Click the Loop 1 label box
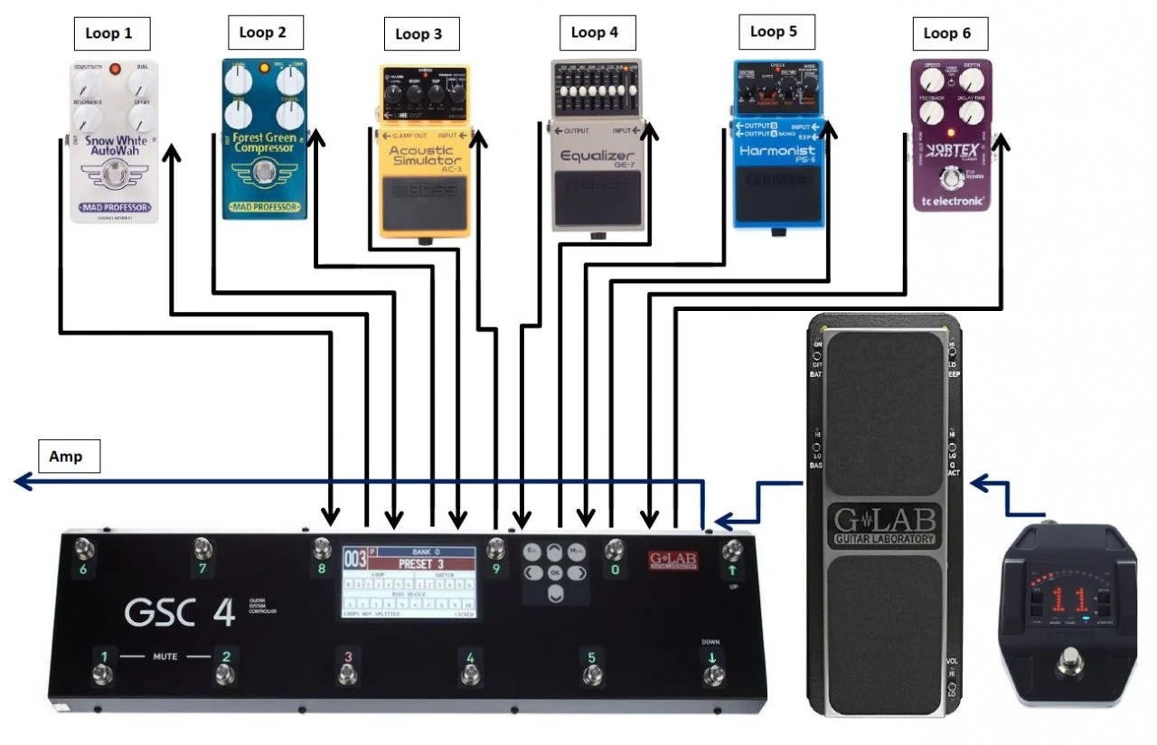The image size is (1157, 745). pos(108,33)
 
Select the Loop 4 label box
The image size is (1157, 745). pos(594,33)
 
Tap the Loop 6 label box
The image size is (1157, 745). pos(946,33)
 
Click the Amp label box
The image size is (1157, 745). pos(65,457)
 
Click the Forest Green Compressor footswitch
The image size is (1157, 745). pos(263,172)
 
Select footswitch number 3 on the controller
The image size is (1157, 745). pos(345,674)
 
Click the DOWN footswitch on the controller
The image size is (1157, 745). pos(713,675)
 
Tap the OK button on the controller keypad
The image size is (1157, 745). pos(555,572)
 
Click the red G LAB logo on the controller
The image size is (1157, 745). pos(673,561)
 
